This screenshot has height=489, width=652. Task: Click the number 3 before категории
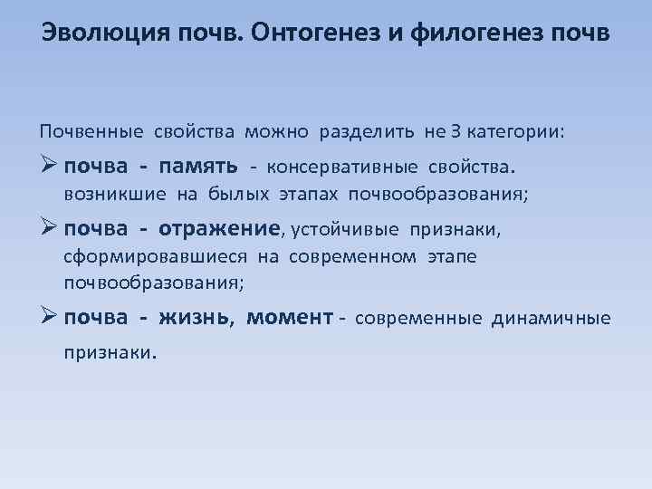[x=456, y=132]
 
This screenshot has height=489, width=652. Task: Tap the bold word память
[x=198, y=167]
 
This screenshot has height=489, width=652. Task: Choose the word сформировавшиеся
[x=155, y=256]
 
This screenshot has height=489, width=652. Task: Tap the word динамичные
[x=551, y=318]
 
